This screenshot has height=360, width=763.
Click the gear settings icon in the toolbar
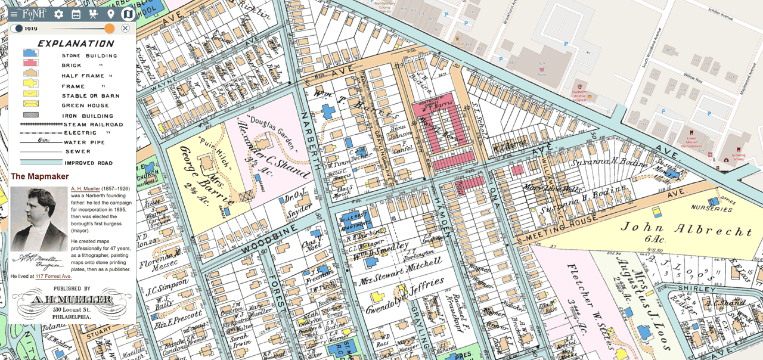pyautogui.click(x=58, y=14)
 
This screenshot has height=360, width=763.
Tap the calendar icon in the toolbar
pyautogui.click(x=76, y=14)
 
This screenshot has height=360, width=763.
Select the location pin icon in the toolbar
pyautogui.click(x=111, y=14)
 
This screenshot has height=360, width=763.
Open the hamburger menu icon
pyautogui.click(x=14, y=14)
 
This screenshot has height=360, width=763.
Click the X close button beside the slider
pyautogui.click(x=125, y=28)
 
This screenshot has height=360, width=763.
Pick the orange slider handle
pyautogui.click(x=109, y=28)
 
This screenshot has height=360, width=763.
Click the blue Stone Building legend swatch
pyautogui.click(x=30, y=54)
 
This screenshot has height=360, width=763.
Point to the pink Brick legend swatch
pyautogui.click(x=30, y=63)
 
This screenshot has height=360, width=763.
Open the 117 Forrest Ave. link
pyautogui.click(x=53, y=277)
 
